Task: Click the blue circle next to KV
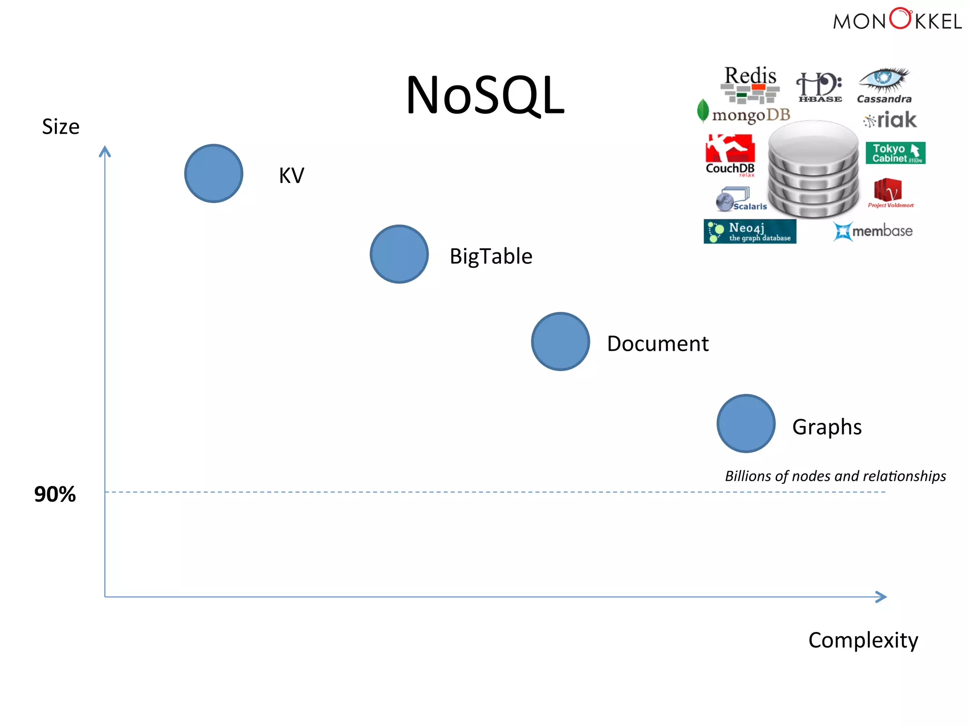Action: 214,173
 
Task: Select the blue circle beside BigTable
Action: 399,254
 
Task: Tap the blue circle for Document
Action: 560,341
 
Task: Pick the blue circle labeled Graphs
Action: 746,423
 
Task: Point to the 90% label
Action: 55,494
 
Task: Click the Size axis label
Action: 60,127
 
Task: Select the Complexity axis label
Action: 863,640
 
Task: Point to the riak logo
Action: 890,120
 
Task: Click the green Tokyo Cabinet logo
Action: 895,153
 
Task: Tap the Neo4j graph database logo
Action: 750,231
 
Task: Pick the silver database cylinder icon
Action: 813,169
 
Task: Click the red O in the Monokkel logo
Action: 900,19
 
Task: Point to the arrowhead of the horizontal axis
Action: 882,597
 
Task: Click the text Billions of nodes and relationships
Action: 835,476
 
